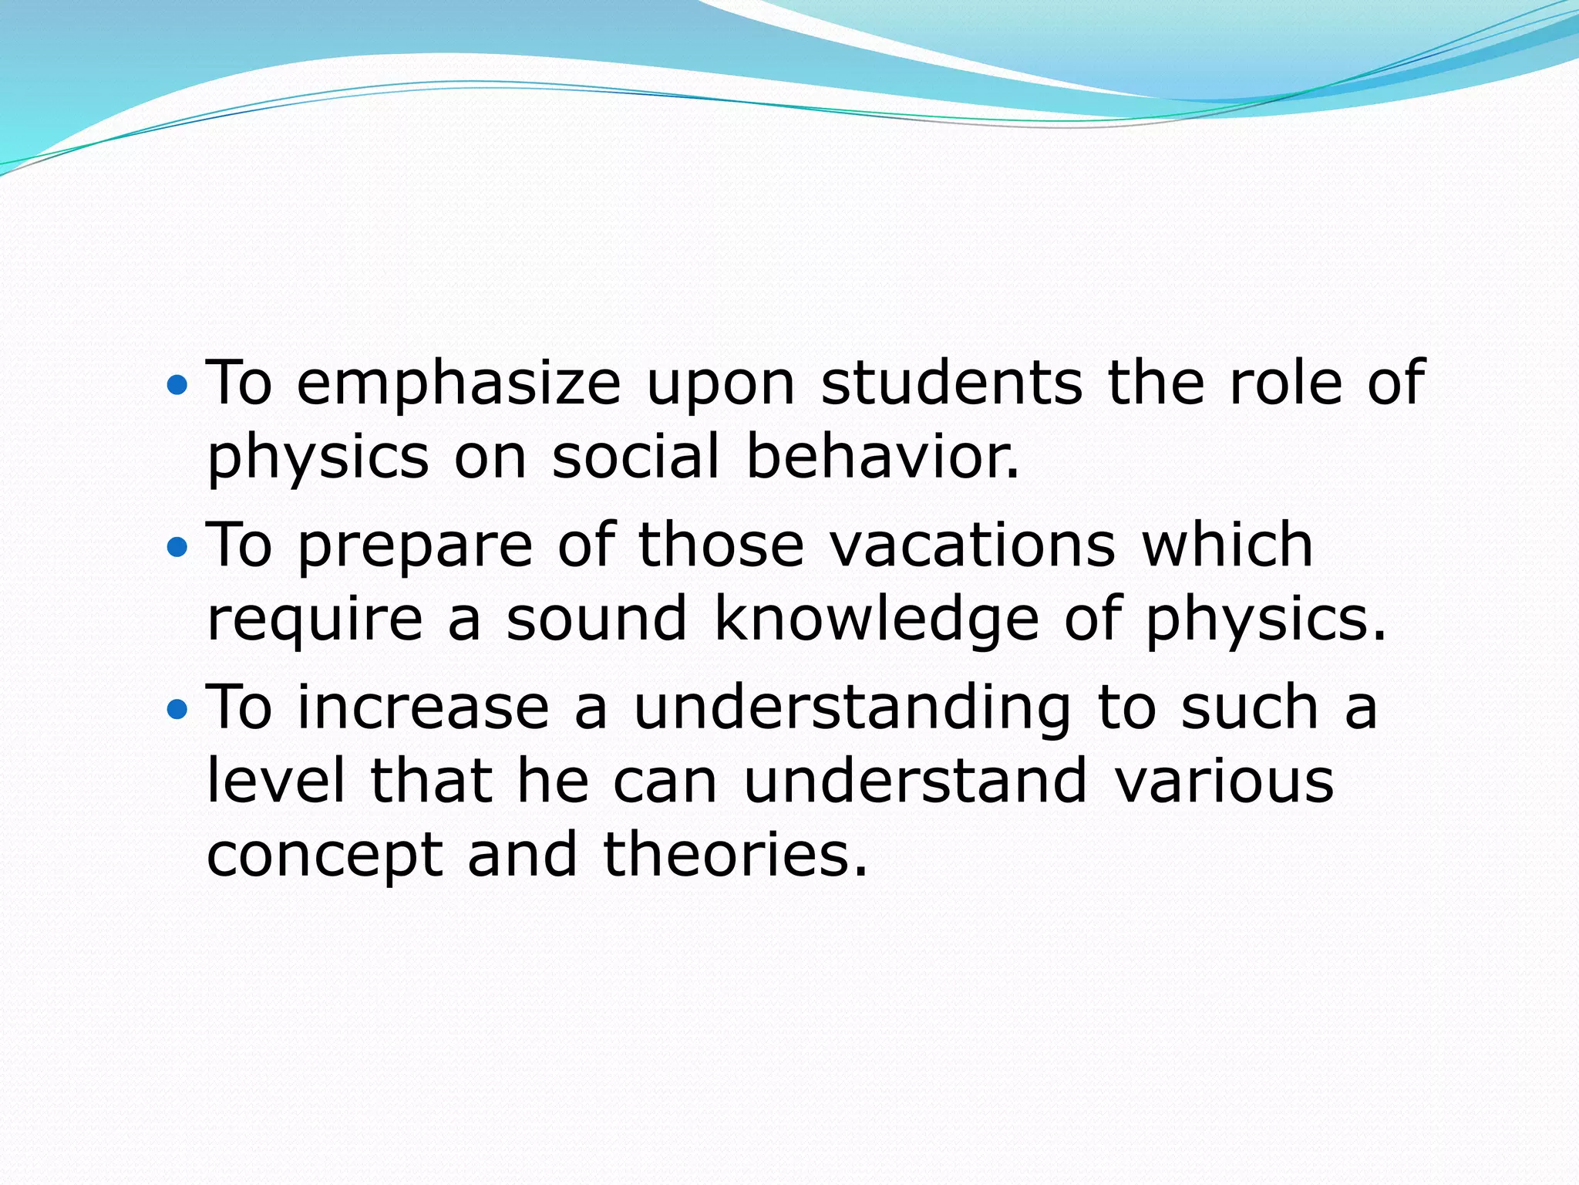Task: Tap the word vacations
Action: coord(972,545)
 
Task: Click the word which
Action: coord(1227,545)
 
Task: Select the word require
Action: coord(315,620)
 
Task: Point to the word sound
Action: coord(596,619)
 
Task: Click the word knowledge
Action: coord(877,620)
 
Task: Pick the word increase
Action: coord(423,707)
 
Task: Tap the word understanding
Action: coord(852,709)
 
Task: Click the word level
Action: coord(276,781)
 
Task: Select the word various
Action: coord(1224,782)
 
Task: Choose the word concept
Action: coord(325,857)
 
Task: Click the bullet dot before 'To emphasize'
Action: coord(177,383)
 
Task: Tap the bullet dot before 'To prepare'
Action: coord(177,547)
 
